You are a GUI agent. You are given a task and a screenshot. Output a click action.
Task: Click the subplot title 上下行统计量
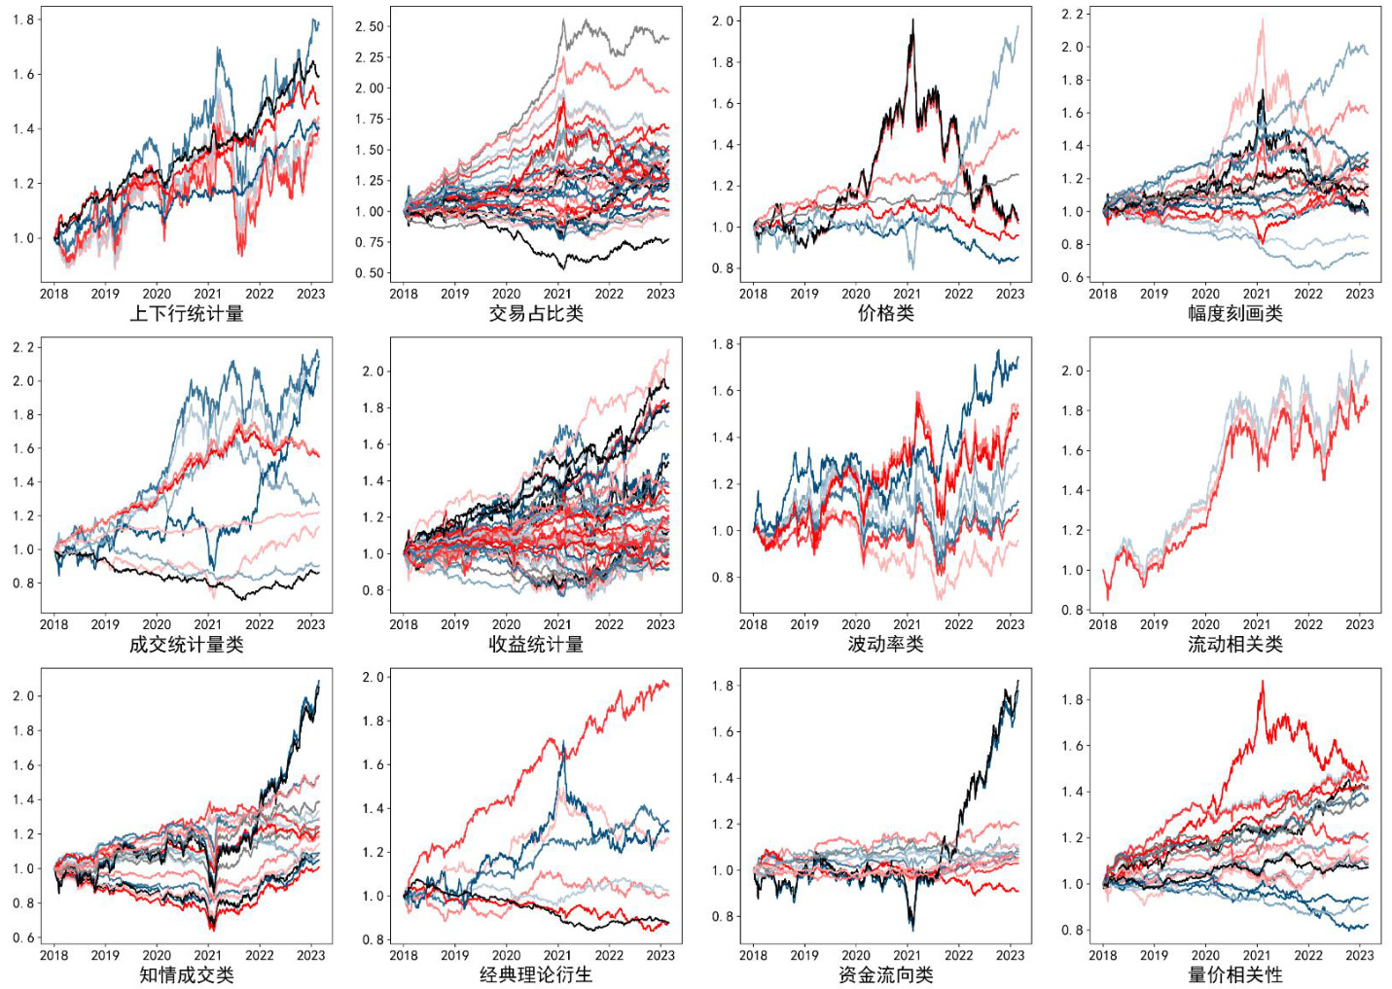(x=186, y=314)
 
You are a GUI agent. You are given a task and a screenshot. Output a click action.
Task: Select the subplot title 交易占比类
(x=536, y=314)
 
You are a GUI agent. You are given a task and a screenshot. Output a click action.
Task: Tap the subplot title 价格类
(x=885, y=314)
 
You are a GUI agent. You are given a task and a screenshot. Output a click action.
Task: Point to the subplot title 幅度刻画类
(x=1234, y=314)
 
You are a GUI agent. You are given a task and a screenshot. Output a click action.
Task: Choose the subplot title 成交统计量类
(x=186, y=645)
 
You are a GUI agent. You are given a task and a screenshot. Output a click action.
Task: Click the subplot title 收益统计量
(x=536, y=645)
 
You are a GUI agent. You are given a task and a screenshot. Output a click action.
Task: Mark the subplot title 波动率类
(x=885, y=645)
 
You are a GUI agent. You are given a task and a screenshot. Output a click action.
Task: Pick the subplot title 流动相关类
(x=1234, y=645)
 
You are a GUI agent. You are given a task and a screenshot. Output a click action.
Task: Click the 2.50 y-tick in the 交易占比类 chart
(x=370, y=26)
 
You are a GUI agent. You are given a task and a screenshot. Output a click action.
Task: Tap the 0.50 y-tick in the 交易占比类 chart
(x=370, y=273)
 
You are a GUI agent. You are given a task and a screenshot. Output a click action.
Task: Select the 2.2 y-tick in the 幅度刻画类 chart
(x=1072, y=14)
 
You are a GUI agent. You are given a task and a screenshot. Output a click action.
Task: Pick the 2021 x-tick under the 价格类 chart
(x=907, y=294)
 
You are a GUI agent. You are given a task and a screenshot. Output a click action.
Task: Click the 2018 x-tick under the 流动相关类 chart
(x=1103, y=624)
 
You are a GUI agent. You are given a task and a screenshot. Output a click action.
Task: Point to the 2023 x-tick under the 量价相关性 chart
(x=1359, y=955)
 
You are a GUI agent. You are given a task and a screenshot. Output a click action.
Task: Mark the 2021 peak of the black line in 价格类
(x=912, y=20)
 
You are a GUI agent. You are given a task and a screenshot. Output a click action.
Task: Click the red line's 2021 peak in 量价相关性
(x=1263, y=682)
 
